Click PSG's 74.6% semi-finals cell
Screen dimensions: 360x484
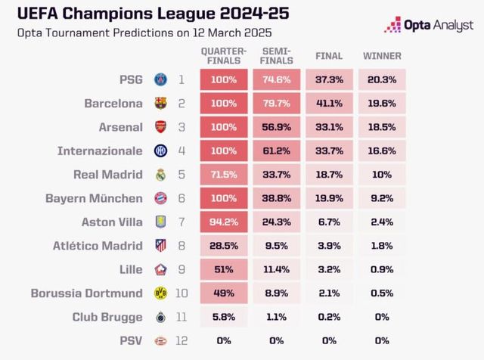pos(277,79)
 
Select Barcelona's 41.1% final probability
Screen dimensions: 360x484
pos(330,103)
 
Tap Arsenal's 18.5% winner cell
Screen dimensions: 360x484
pos(383,126)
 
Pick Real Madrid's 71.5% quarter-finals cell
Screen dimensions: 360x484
pos(224,175)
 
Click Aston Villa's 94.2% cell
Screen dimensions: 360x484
pos(224,222)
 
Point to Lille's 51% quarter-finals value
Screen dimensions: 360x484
pos(224,270)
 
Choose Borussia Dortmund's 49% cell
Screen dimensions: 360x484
pos(224,293)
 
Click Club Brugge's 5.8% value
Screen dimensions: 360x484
pos(224,318)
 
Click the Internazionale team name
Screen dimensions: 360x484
pos(100,151)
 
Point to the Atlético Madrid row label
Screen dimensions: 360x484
pos(98,246)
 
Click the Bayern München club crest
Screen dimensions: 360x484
pos(160,199)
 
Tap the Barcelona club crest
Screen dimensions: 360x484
pos(160,103)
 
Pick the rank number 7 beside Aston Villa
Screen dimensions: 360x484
pos(181,222)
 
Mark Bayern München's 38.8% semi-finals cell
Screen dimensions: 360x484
pos(277,198)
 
